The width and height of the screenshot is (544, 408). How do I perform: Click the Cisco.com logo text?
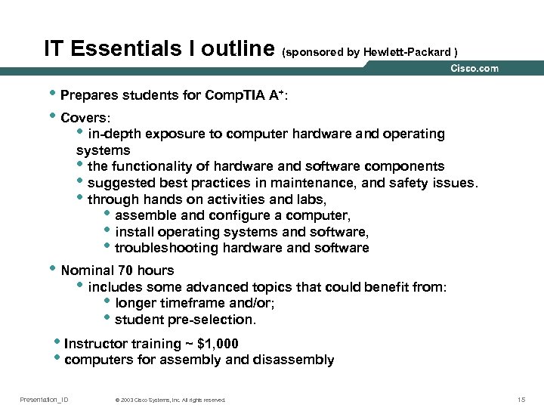(x=474, y=69)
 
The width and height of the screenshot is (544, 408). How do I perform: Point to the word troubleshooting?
(x=160, y=248)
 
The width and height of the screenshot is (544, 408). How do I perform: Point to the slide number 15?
(x=521, y=399)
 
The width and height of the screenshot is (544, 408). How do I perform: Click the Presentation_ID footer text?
(x=44, y=399)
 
